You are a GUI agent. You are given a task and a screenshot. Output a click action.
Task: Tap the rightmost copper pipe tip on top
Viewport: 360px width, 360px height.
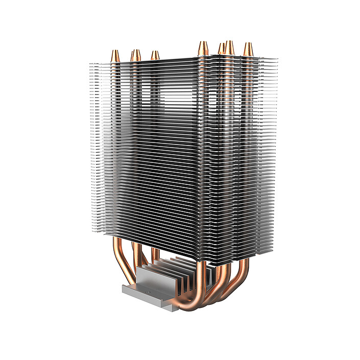click(x=248, y=49)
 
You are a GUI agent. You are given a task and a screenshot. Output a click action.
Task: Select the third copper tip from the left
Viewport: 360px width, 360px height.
click(x=155, y=55)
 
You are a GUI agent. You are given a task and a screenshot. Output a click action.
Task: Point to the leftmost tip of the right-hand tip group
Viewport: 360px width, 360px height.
click(x=203, y=47)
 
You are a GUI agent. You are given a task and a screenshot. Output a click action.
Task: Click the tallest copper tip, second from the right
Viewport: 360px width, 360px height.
click(x=230, y=47)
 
